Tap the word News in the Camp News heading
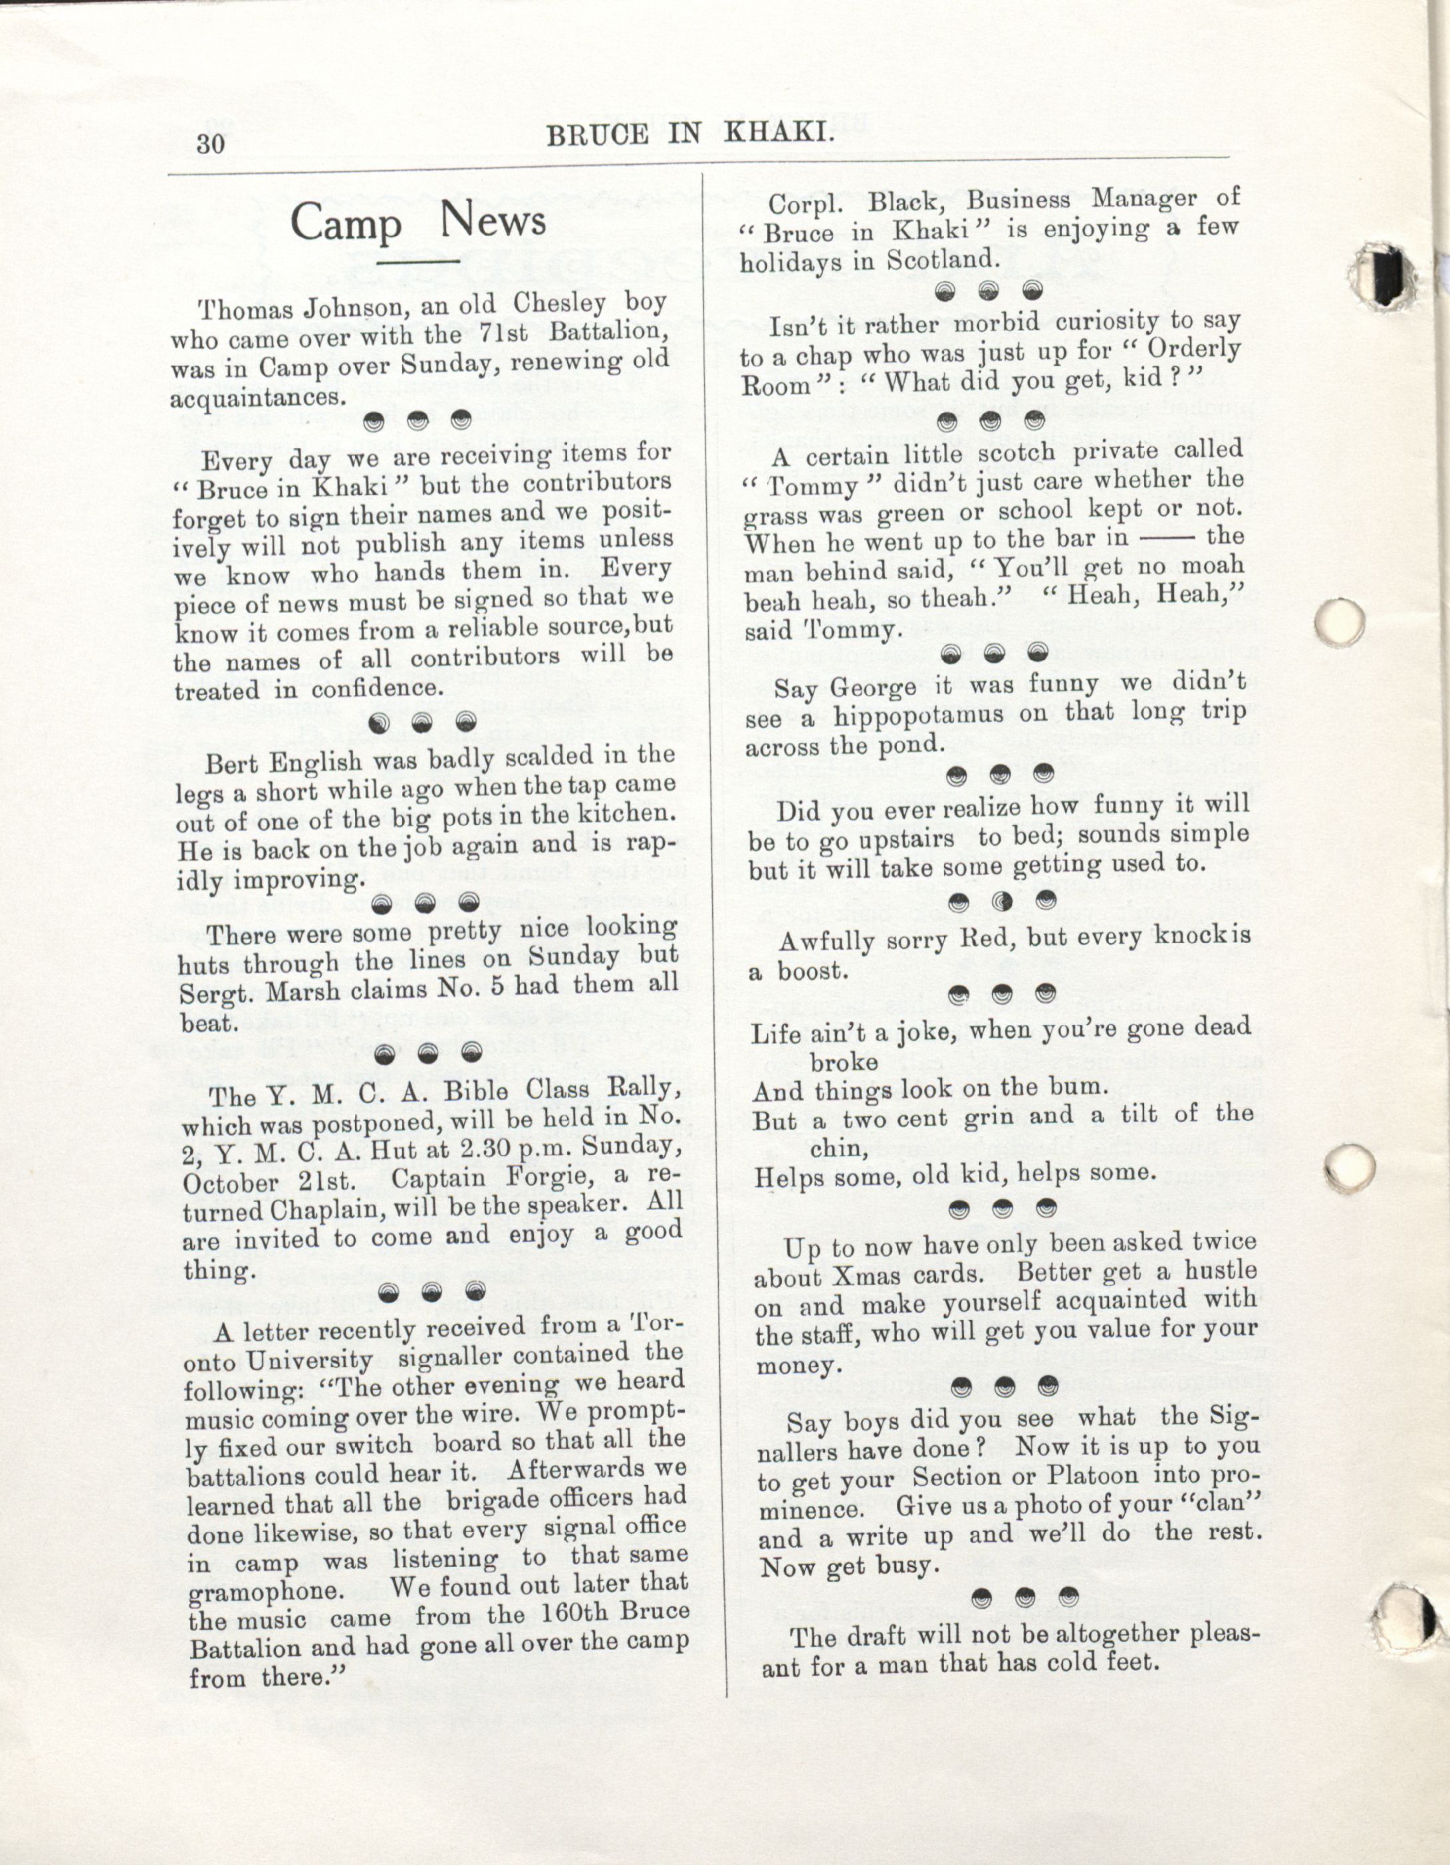pyautogui.click(x=493, y=221)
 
